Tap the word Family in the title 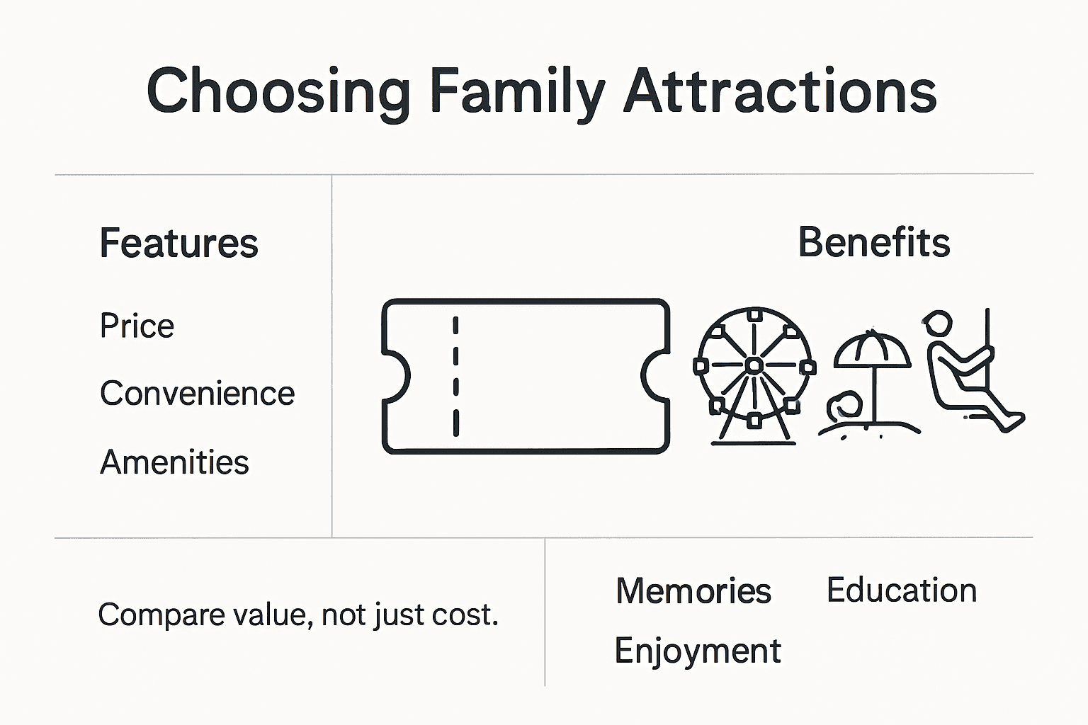click(x=517, y=92)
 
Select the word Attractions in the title click(x=780, y=92)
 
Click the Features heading click(x=178, y=244)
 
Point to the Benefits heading click(x=873, y=243)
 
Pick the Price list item click(x=137, y=326)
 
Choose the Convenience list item click(x=197, y=394)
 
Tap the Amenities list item click(x=174, y=462)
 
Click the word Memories click(x=693, y=591)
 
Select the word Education click(x=901, y=590)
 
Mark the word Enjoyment click(x=697, y=651)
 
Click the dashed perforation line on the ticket click(x=455, y=376)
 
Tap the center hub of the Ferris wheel click(x=754, y=365)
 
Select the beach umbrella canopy click(x=872, y=350)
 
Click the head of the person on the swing click(x=937, y=324)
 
